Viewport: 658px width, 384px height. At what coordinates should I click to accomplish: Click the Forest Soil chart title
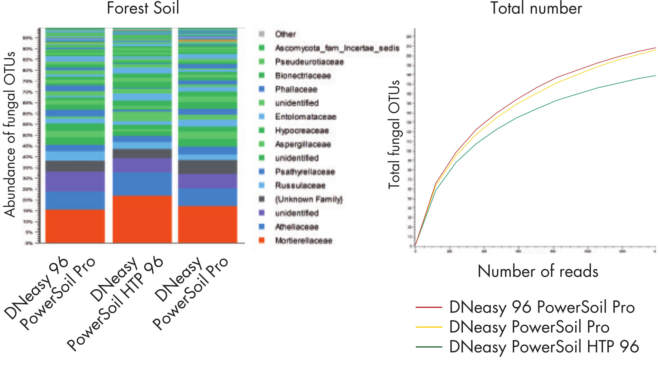tap(143, 8)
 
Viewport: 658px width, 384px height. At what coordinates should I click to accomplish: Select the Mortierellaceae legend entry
tap(303, 240)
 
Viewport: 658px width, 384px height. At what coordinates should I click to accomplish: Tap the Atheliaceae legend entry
tap(297, 227)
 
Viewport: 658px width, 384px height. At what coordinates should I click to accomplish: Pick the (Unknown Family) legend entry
tap(309, 199)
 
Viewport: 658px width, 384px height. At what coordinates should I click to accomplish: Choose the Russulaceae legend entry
tap(300, 186)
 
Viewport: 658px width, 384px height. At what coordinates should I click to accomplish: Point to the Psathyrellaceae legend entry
tap(305, 172)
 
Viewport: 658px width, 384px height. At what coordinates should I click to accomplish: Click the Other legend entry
tap(285, 34)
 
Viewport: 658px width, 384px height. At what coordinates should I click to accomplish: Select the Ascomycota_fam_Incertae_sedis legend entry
tap(337, 48)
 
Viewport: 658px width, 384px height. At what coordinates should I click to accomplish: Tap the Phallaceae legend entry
tap(296, 89)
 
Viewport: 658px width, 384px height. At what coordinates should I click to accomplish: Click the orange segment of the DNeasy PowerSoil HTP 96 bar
tap(142, 219)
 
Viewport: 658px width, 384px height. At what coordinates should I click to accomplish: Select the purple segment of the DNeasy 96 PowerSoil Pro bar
tap(75, 181)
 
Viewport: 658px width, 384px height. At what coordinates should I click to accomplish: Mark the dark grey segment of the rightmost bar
tap(208, 167)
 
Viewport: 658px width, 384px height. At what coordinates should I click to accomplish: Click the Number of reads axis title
tap(538, 271)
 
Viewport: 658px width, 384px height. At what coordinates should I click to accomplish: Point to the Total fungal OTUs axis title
tap(394, 135)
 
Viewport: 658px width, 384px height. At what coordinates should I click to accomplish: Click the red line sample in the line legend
tap(429, 307)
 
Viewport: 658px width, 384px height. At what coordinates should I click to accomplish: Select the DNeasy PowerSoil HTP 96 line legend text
tap(544, 347)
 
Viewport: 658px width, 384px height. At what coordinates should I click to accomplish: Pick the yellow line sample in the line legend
tap(429, 327)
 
